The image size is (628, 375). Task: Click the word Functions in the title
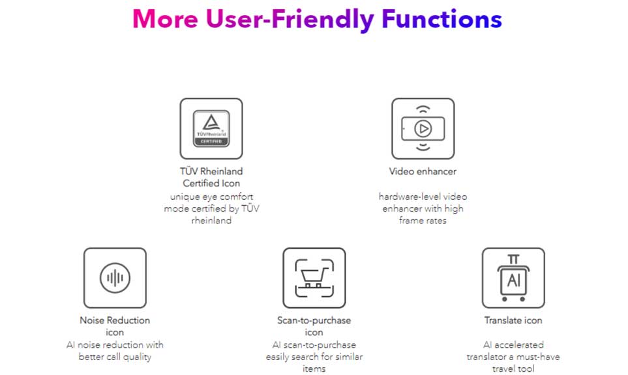click(x=441, y=19)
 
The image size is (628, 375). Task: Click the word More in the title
click(x=166, y=19)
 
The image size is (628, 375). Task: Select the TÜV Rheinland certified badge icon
click(x=211, y=128)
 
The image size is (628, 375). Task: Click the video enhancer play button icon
click(x=423, y=128)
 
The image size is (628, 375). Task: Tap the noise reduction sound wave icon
click(x=115, y=278)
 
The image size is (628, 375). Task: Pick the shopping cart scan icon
click(x=314, y=278)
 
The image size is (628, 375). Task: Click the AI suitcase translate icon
click(x=513, y=278)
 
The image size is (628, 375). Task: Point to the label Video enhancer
click(x=423, y=171)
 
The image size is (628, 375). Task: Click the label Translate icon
click(x=513, y=320)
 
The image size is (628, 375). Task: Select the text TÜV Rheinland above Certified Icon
click(x=211, y=171)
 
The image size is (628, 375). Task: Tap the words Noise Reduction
click(x=115, y=320)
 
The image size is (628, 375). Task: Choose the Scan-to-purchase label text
click(x=314, y=320)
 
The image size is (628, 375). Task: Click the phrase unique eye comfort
click(x=211, y=197)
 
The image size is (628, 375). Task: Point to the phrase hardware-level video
click(x=423, y=197)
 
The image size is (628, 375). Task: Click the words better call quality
click(x=115, y=357)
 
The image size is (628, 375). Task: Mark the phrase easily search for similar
click(x=314, y=357)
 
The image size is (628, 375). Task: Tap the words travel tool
click(x=513, y=368)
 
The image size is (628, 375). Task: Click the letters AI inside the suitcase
click(x=513, y=280)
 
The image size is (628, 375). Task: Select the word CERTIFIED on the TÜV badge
click(x=211, y=141)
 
